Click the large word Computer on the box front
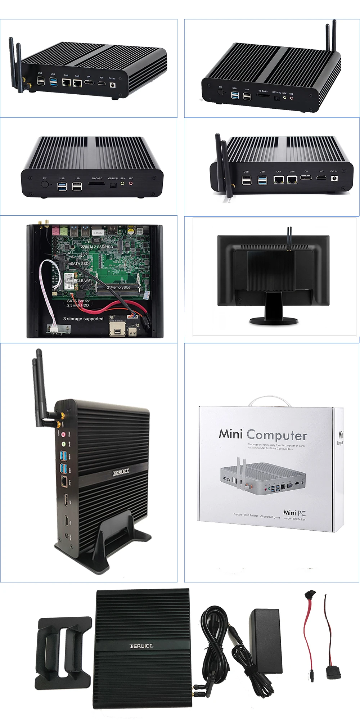click(277, 435)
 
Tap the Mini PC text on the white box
click(294, 513)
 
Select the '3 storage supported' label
click(83, 319)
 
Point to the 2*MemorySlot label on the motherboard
click(118, 287)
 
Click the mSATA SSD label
click(78, 264)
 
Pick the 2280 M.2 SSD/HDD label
click(97, 247)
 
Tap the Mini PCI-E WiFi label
click(78, 280)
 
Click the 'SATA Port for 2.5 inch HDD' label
click(78, 303)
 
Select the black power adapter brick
click(266, 642)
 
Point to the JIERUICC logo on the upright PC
click(121, 472)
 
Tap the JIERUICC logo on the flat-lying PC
click(141, 646)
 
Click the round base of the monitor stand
click(274, 320)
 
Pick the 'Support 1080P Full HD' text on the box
click(245, 515)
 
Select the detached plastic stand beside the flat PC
click(63, 648)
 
